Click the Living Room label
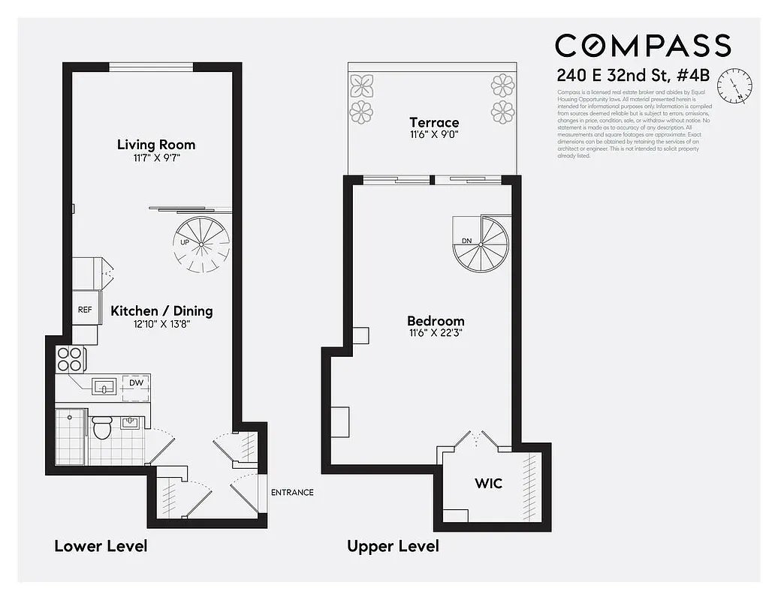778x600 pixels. point(156,145)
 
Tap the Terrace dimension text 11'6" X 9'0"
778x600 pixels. point(434,136)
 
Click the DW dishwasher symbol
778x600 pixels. point(136,383)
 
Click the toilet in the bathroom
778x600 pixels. point(101,427)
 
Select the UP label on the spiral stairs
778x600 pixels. point(184,242)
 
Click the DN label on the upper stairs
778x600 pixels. point(466,241)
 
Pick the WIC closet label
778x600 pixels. point(488,483)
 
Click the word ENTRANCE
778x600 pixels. point(292,492)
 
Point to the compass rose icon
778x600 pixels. point(734,85)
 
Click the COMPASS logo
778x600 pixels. point(643,45)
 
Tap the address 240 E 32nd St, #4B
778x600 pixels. point(634,76)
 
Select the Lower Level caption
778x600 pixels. point(101,545)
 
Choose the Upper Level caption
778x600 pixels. point(393,545)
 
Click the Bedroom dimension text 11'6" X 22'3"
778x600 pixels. point(436,334)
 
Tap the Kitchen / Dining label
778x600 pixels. point(161,310)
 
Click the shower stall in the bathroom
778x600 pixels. point(71,436)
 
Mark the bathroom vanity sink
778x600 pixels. point(131,422)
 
